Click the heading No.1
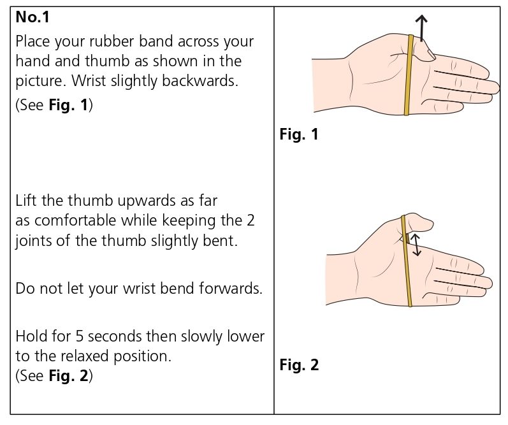point(33,18)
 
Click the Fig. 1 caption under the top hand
point(298,135)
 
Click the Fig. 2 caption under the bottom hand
point(298,365)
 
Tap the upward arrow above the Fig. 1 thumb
point(421,29)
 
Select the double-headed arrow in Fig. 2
point(415,245)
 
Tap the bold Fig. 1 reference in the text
point(69,106)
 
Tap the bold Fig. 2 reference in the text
point(69,376)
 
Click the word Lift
point(26,201)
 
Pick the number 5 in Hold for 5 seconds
point(80,336)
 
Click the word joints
point(34,241)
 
